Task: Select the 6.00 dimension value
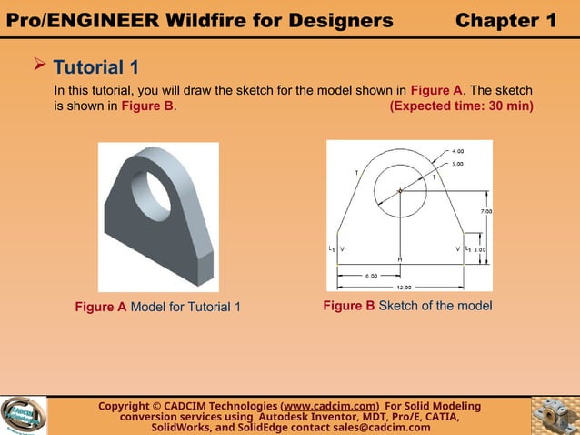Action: pyautogui.click(x=372, y=275)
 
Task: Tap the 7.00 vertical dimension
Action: pyautogui.click(x=485, y=212)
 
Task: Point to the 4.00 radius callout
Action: pyautogui.click(x=457, y=150)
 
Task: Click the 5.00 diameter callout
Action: pyautogui.click(x=457, y=164)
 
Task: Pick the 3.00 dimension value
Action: pyautogui.click(x=480, y=248)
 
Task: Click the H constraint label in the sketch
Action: pyautogui.click(x=398, y=259)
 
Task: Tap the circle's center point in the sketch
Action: pyautogui.click(x=399, y=191)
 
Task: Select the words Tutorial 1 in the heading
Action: pyautogui.click(x=96, y=67)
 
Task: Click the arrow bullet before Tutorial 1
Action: pyautogui.click(x=39, y=66)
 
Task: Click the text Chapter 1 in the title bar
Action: pyautogui.click(x=505, y=20)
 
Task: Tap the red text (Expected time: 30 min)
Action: pyautogui.click(x=461, y=106)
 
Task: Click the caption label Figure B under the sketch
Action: pyautogui.click(x=348, y=305)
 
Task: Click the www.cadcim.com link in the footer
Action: pyautogui.click(x=331, y=406)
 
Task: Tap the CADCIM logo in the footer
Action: pyautogui.click(x=23, y=416)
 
